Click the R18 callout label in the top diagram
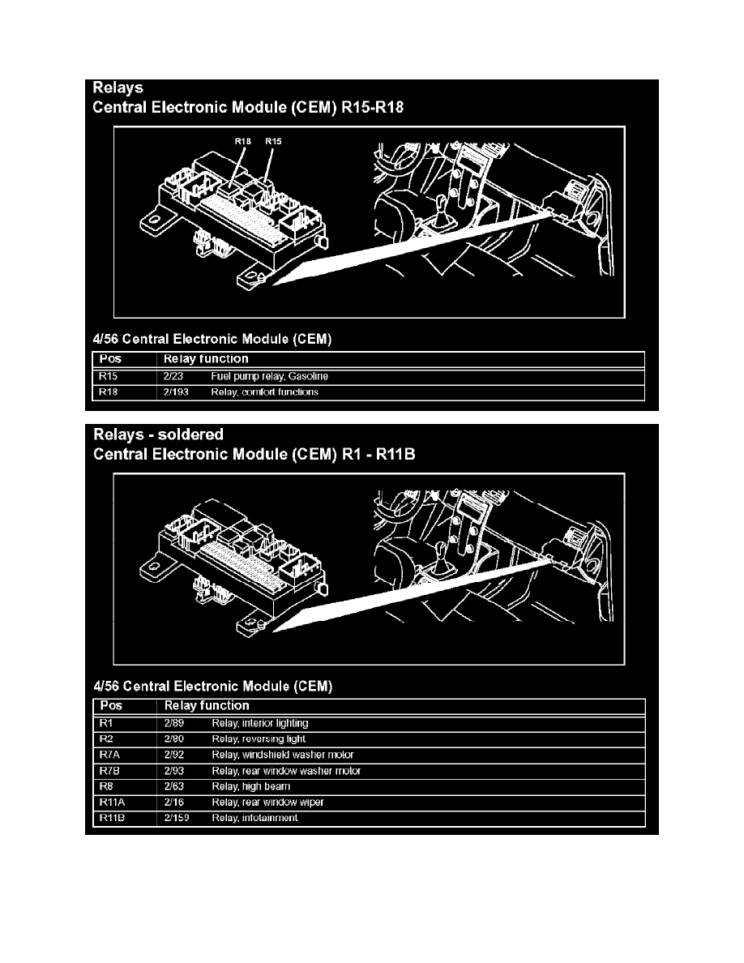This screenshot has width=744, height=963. click(x=243, y=141)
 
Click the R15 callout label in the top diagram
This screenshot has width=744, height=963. click(x=273, y=141)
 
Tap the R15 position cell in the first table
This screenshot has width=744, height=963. click(x=108, y=376)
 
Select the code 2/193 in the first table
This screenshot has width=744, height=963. click(x=176, y=392)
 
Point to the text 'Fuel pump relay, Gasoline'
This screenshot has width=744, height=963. click(x=270, y=376)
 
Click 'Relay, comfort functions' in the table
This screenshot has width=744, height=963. click(x=264, y=392)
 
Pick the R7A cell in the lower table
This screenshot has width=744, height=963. click(x=110, y=755)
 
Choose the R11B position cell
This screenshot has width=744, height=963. click(x=113, y=818)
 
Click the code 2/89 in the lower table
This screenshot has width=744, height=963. click(x=173, y=724)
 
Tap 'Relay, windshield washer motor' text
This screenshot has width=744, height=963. click(x=283, y=755)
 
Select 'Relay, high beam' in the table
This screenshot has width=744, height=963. click(x=251, y=787)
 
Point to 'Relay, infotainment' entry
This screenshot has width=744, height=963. click(x=254, y=818)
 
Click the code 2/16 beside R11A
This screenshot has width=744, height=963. click(x=173, y=802)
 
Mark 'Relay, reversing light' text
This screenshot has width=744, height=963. click(x=259, y=739)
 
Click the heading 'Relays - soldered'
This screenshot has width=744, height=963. click(x=158, y=434)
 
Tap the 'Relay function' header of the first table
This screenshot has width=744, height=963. click(x=206, y=359)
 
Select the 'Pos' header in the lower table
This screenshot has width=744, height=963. click(x=111, y=706)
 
